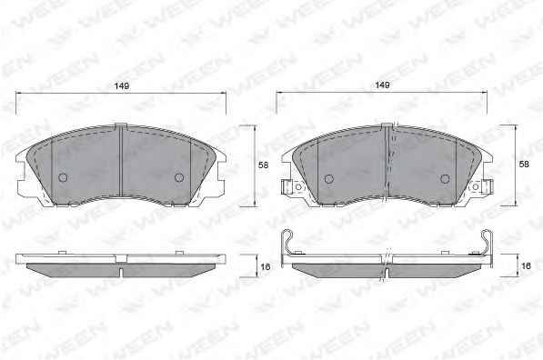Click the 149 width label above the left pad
click(x=122, y=85)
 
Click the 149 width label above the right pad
click(x=383, y=85)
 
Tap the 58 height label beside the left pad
click(x=264, y=165)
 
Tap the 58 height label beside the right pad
click(x=524, y=164)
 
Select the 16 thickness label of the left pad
click(x=266, y=267)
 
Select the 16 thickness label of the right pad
click(x=526, y=265)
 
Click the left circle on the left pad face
click(x=63, y=177)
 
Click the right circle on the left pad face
click(x=178, y=177)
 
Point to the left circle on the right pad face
click(x=329, y=179)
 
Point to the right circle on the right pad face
click(x=445, y=179)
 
